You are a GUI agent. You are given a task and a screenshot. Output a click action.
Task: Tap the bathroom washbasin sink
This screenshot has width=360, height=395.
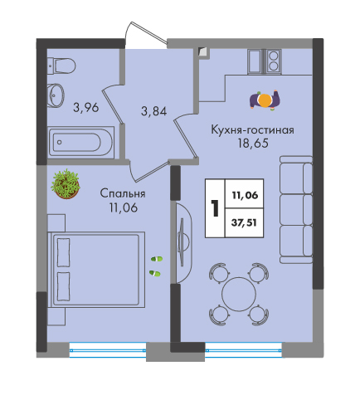(56, 95)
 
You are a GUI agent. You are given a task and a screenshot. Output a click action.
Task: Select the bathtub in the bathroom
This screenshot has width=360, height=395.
(80, 143)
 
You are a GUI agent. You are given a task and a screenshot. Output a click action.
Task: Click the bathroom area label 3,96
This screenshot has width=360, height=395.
(86, 107)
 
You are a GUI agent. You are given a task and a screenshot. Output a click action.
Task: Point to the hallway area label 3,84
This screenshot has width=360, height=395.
(153, 111)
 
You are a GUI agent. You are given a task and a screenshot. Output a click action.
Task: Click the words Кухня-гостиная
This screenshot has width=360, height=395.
(252, 129)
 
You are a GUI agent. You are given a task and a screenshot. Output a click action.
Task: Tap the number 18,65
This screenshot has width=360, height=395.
(253, 144)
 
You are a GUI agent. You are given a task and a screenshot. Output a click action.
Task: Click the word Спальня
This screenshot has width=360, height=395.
(123, 193)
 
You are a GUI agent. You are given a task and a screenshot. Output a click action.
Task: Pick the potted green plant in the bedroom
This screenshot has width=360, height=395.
(66, 184)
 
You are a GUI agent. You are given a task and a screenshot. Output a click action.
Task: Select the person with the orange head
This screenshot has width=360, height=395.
(265, 100)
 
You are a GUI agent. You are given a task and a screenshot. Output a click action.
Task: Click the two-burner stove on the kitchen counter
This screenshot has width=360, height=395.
(274, 61)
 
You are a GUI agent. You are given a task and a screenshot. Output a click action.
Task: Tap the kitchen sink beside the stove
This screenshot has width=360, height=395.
(256, 61)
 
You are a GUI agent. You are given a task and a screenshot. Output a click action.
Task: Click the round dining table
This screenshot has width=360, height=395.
(239, 294)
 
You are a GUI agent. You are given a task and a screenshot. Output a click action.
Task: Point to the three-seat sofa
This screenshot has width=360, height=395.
(296, 209)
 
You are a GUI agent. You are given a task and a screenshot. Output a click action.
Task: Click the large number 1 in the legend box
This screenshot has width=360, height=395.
(215, 208)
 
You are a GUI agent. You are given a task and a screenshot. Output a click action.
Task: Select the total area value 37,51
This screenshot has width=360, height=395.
(245, 222)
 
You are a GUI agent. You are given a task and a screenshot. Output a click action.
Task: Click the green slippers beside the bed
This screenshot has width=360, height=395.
(156, 266)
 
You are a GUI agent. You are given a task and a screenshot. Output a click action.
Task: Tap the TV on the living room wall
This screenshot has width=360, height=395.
(182, 242)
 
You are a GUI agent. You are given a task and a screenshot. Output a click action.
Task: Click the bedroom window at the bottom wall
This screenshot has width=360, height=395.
(108, 350)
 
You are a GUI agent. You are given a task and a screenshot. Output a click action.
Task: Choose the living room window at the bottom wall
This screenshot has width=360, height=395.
(244, 350)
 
